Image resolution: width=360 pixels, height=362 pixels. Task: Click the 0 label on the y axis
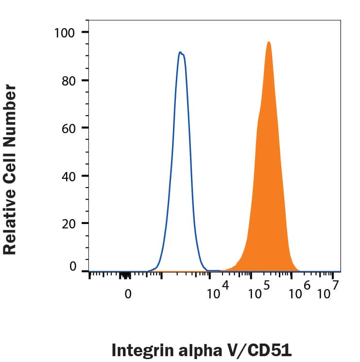point(73,267)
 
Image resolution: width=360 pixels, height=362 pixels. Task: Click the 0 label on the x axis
point(128,294)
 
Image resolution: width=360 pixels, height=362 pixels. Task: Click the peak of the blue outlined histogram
point(180,52)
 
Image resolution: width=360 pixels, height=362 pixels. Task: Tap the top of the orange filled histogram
point(268,42)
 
